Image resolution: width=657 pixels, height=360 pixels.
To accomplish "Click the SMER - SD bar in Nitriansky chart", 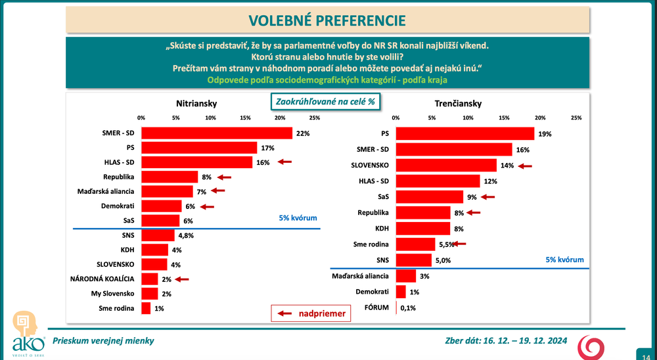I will (217, 133).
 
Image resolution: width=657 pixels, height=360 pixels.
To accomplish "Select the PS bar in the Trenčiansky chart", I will (465, 133).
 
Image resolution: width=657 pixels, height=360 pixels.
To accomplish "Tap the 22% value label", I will (302, 133).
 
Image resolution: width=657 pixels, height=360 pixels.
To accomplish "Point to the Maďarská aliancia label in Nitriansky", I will (108, 191).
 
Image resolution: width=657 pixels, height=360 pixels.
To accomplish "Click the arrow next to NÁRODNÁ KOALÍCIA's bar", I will (181, 279).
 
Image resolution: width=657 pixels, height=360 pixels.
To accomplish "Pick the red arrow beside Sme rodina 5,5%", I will (459, 244).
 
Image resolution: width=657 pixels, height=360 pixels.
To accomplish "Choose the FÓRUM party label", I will (376, 307).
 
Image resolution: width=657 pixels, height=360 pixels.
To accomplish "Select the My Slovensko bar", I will (149, 294).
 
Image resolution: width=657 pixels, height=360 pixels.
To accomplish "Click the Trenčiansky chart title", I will (458, 104).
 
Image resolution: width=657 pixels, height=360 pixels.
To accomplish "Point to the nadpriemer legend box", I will (309, 314).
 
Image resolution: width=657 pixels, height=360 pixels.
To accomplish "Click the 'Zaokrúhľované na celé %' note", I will (325, 102).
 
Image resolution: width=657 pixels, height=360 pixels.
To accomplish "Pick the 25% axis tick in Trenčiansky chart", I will (576, 118).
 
